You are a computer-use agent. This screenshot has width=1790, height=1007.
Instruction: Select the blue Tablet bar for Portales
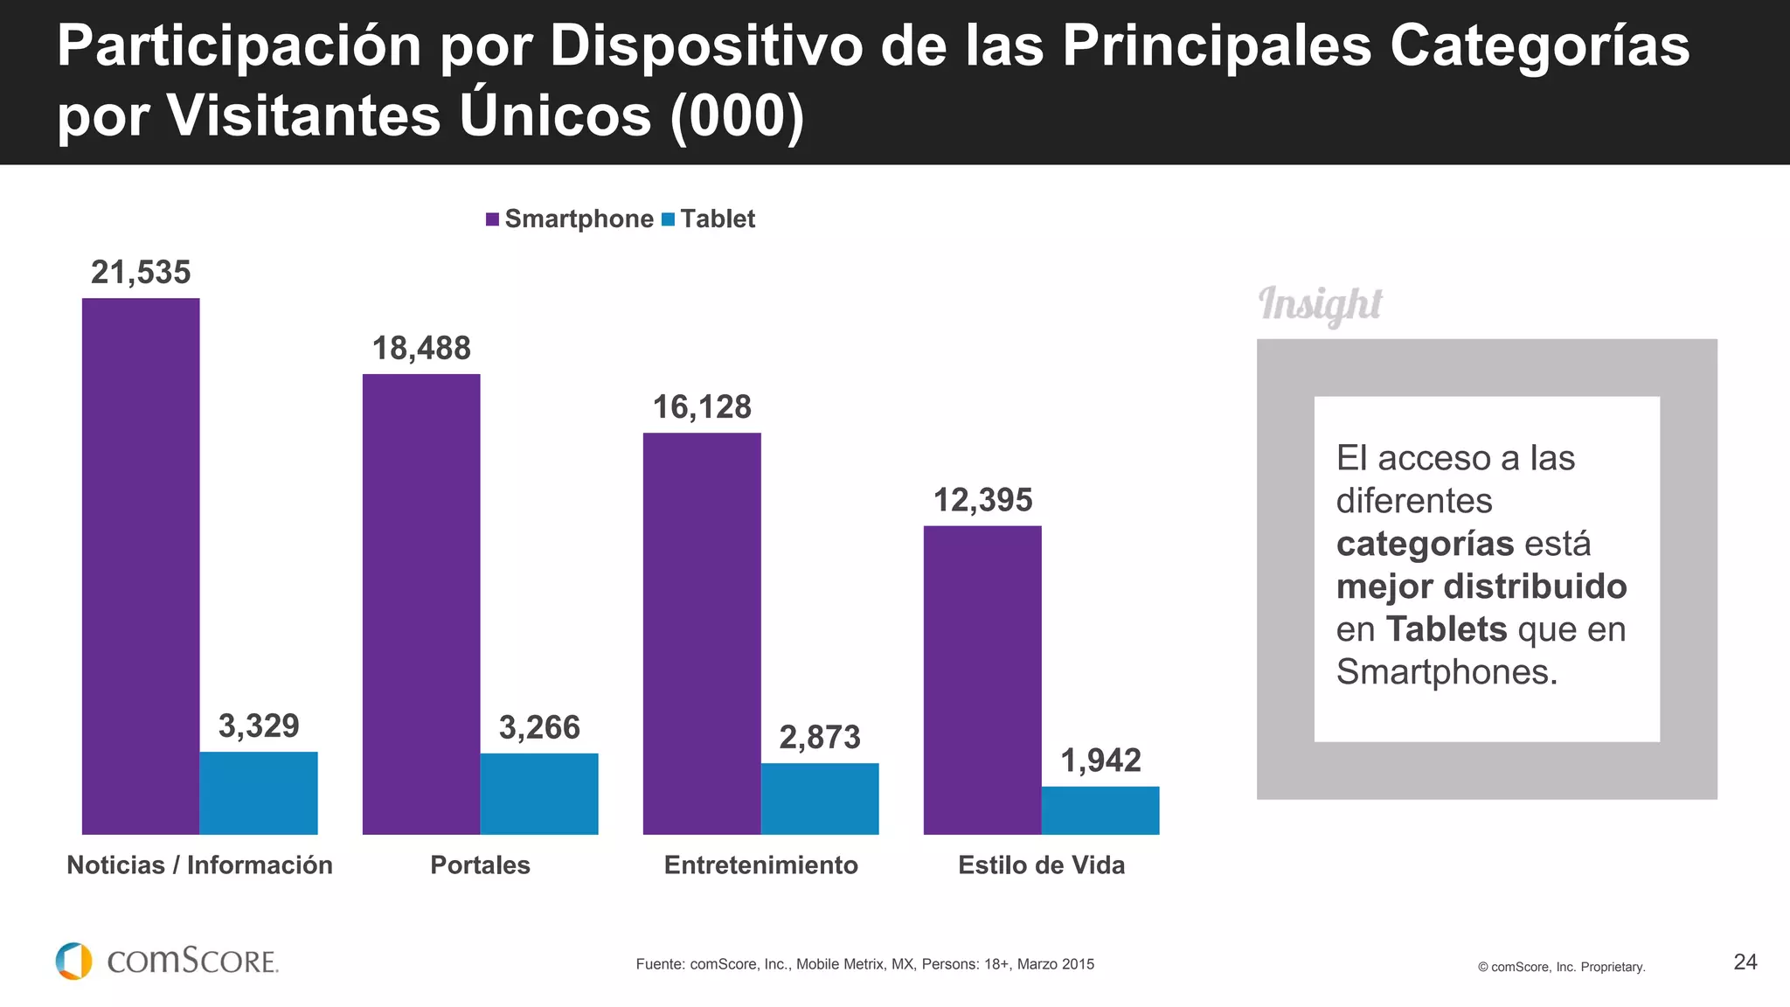539,794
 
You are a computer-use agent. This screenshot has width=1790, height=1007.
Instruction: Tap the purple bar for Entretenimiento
702,634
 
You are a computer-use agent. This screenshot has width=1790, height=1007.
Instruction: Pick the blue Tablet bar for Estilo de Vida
1100,810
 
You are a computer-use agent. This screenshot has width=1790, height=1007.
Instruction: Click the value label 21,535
141,273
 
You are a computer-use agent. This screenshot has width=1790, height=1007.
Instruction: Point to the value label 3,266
539,727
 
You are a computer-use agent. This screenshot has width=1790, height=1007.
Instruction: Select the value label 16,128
702,407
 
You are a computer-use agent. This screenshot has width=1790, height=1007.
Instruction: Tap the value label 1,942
1100,760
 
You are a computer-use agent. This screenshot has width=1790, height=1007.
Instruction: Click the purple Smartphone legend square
493,219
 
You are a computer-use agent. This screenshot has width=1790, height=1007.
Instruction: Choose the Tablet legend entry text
718,219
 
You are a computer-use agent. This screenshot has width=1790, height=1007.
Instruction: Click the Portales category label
480,865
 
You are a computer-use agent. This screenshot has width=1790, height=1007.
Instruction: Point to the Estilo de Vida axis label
1041,865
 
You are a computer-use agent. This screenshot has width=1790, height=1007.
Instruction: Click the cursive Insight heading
1320,305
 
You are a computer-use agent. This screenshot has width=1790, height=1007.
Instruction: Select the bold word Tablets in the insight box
1447,629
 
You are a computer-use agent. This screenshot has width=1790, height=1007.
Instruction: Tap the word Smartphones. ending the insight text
1447,672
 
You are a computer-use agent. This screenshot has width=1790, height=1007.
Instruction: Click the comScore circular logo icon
74,962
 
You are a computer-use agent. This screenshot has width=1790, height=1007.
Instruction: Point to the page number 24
1745,962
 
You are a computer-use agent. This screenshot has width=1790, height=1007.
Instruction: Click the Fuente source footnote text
864,964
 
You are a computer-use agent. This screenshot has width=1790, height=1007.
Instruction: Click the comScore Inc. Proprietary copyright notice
1561,967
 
